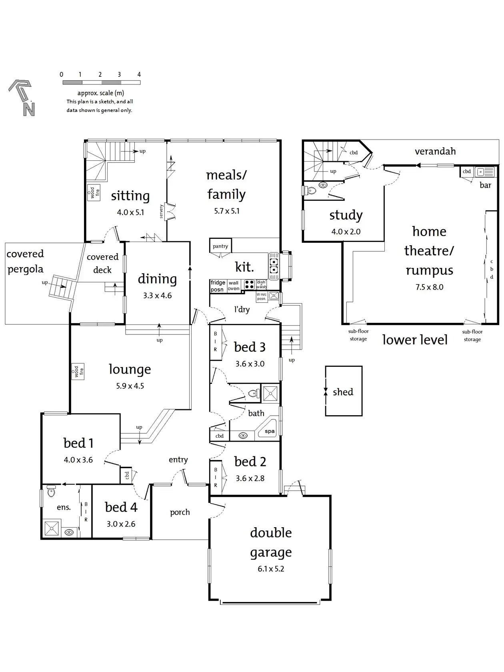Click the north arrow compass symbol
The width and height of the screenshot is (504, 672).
22,98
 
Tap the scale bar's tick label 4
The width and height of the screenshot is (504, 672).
139,74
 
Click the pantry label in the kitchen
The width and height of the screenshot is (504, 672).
220,246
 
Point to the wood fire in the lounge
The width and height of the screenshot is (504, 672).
78,372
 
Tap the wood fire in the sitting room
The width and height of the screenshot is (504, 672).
93,193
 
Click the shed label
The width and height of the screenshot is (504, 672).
343,392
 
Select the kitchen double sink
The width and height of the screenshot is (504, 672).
274,266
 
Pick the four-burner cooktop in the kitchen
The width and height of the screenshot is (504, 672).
249,284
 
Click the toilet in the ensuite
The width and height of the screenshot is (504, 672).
51,491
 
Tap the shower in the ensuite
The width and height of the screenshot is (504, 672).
52,528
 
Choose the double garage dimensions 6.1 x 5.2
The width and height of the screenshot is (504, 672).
271,569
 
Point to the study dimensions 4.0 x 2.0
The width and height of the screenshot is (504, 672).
346,232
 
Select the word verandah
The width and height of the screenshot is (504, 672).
435,151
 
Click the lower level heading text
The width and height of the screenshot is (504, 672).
414,340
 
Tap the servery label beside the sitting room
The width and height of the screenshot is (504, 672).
162,211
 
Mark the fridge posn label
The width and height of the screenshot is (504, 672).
218,286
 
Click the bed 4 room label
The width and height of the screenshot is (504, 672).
121,507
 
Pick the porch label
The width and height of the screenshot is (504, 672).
180,512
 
